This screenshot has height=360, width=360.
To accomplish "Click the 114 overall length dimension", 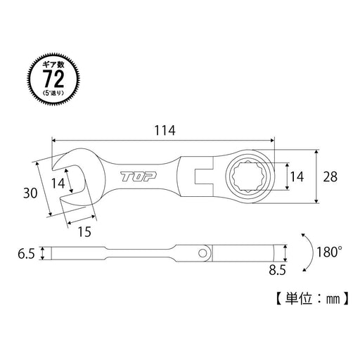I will [x=162, y=130].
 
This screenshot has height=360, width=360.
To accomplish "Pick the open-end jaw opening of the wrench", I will [x=70, y=184].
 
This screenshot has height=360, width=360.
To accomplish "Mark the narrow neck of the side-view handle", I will [x=137, y=252].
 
